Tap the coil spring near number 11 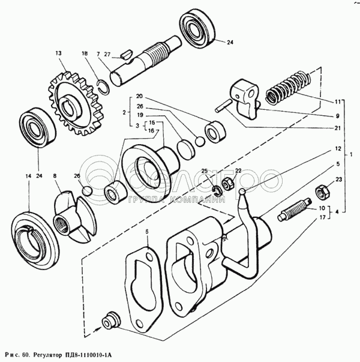288,87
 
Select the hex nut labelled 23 322,192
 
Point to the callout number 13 59,53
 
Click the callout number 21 337,128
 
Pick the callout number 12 337,148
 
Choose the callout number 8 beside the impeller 55,176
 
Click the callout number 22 238,171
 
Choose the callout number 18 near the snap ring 85,53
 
